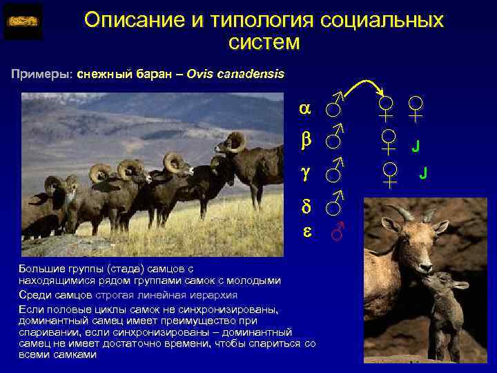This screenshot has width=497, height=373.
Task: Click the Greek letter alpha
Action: coord(304,109)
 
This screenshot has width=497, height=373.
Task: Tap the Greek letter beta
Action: coord(304,140)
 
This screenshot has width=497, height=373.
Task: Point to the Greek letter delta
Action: coord(304,205)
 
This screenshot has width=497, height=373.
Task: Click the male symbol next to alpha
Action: coord(334,106)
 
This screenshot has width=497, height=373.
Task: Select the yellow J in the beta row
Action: coord(415,146)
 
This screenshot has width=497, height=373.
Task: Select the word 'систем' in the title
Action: coord(264,43)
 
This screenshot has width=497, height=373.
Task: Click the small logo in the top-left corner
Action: coord(23,21)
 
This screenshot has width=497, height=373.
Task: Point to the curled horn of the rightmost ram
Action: coord(234,142)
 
